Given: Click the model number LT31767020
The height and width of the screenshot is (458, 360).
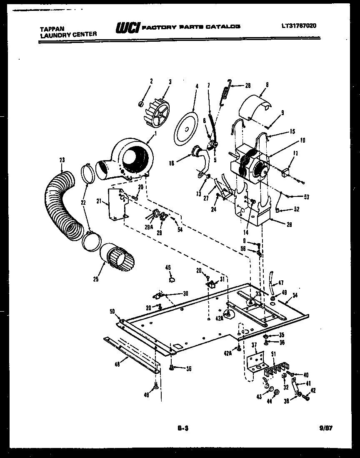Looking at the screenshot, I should pos(299,26).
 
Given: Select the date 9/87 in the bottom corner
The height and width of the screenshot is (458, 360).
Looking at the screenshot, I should pos(327,428).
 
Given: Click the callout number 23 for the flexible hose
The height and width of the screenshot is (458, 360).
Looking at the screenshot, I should pos(62,159).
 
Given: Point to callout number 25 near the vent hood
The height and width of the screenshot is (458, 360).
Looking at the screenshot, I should pos(96,279).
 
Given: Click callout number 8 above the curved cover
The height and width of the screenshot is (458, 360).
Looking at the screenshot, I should pos(267,85).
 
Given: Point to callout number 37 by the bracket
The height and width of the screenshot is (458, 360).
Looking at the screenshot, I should pos(254,344).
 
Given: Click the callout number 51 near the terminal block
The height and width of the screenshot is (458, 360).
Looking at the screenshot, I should pos(273,354).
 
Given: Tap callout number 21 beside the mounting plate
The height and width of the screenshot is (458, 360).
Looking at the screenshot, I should pos(99,201).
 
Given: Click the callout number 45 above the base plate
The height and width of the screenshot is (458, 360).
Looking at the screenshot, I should pos(168,267).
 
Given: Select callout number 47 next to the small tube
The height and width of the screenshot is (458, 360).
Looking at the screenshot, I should pos(281,282).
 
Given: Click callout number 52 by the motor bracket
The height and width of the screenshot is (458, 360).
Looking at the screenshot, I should pos(297,210).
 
